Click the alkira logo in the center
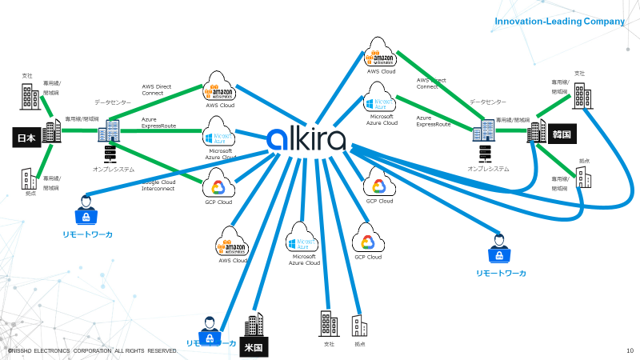click(x=307, y=139)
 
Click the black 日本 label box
click(x=26, y=138)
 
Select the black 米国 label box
click(x=254, y=349)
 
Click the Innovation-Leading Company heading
click(x=559, y=22)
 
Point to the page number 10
click(x=630, y=350)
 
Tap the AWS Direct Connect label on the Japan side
click(x=158, y=89)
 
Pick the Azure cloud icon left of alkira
click(x=218, y=134)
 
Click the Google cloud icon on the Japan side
click(x=218, y=187)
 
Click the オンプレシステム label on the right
click(x=488, y=169)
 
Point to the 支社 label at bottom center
click(x=328, y=345)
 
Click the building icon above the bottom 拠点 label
click(x=359, y=326)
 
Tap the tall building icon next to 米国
click(x=254, y=324)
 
